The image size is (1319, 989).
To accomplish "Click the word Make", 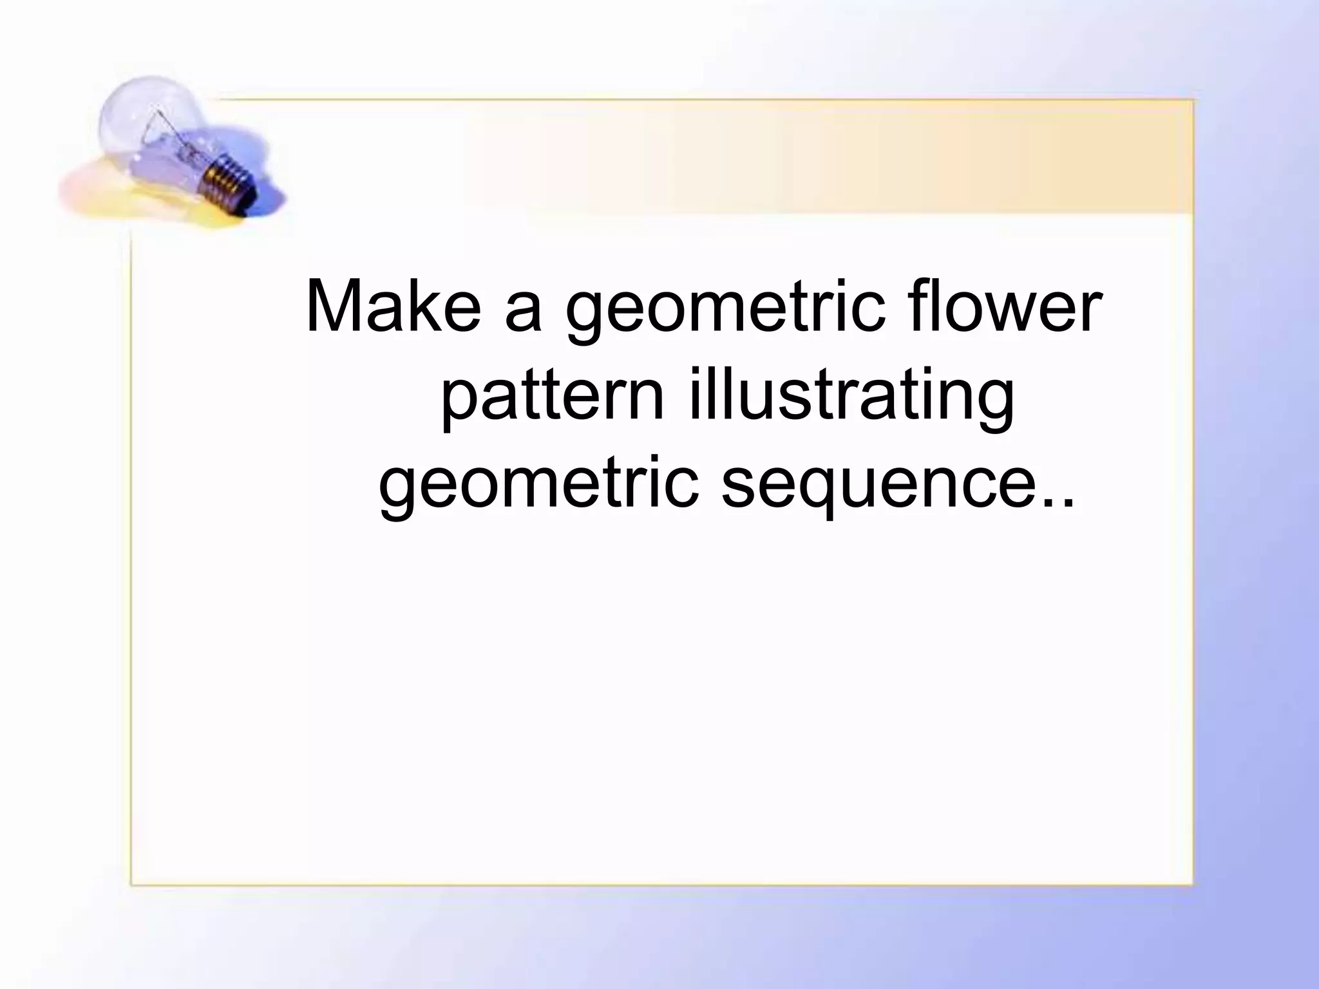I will click(x=394, y=308).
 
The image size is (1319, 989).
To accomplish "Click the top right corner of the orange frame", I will click(x=1193, y=100).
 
